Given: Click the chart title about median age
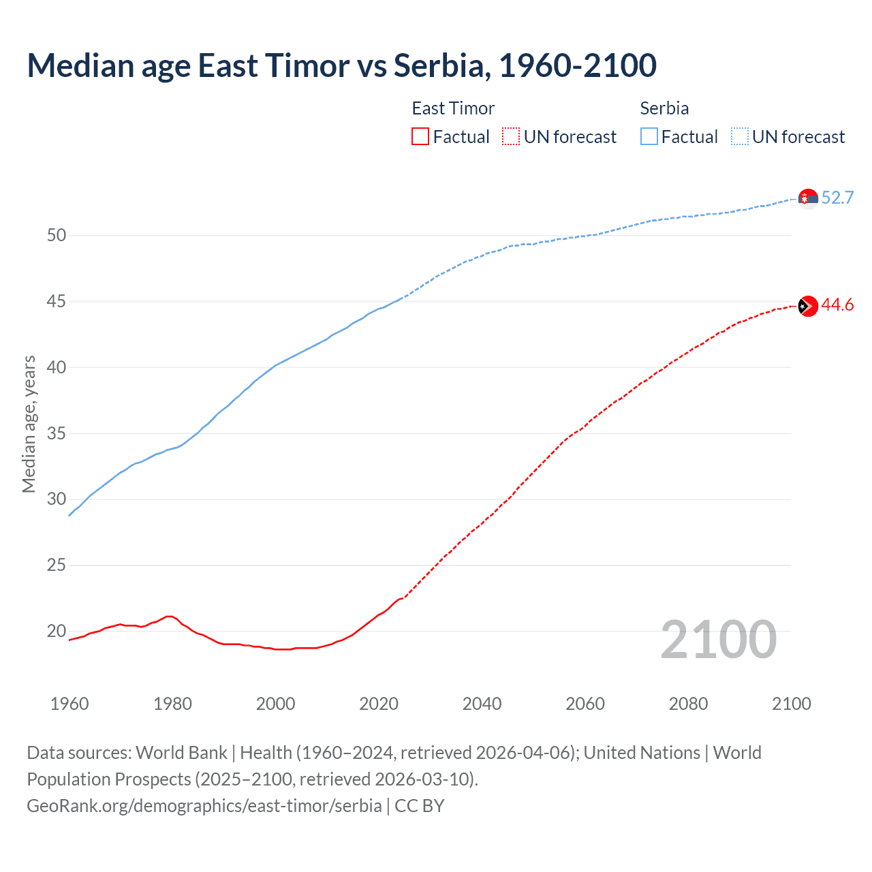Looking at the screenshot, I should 341,65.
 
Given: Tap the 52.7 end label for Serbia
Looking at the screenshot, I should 837,198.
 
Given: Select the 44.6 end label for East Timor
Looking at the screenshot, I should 837,305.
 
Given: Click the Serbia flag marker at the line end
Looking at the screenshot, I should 808,198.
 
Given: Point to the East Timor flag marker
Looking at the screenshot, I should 808,306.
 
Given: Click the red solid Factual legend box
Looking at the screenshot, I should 420,136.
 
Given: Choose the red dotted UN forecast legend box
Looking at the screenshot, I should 511,136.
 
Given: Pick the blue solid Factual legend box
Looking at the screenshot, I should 649,136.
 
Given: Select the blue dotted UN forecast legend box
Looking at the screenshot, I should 740,136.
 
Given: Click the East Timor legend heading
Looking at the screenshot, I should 453,108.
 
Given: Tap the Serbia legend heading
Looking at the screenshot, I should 664,108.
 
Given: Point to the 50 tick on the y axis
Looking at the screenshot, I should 57,236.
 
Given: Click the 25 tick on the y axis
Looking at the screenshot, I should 57,565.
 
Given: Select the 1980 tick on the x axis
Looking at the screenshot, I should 172,704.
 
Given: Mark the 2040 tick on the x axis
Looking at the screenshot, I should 482,704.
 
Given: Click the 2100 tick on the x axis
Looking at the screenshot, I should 791,704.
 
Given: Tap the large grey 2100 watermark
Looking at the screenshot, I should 719,640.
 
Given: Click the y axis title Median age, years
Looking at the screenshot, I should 29,424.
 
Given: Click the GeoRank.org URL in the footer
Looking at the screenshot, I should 204,806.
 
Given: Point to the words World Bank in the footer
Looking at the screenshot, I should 181,753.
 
